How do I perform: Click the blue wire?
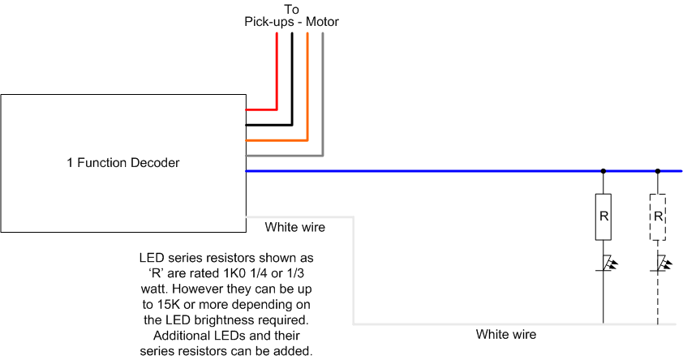click(x=464, y=171)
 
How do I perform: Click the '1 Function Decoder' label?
click(x=123, y=163)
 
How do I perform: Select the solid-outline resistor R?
click(x=604, y=216)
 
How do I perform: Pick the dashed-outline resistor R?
click(x=658, y=216)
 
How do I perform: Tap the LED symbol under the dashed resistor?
click(x=661, y=263)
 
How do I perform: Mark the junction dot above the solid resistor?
click(x=604, y=171)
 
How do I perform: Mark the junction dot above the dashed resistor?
click(x=658, y=171)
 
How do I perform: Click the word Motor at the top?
click(x=322, y=22)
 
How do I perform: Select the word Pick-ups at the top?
click(x=269, y=22)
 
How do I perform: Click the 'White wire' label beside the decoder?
click(x=295, y=227)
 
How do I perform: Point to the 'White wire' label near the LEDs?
click(x=506, y=334)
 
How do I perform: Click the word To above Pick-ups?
click(x=291, y=9)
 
